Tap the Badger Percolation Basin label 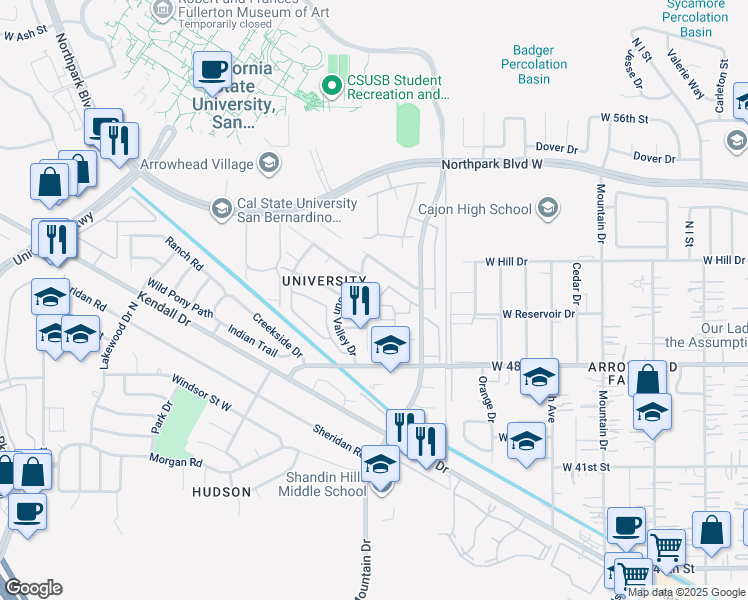pyautogui.click(x=540, y=64)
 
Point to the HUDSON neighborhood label pyautogui.click(x=221, y=492)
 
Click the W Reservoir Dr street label pyautogui.click(x=539, y=314)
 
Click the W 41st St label pyautogui.click(x=586, y=467)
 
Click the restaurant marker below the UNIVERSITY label pyautogui.click(x=360, y=299)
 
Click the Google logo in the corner pyautogui.click(x=33, y=588)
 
